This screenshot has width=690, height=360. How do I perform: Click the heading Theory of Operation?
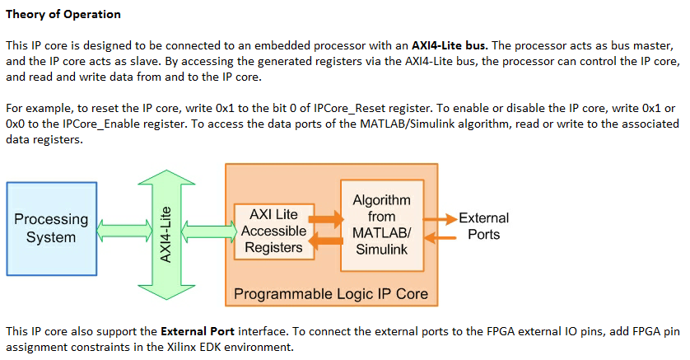coord(63,14)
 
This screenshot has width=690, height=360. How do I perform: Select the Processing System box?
coord(51,228)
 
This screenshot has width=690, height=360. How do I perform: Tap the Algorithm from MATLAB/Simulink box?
coord(381,224)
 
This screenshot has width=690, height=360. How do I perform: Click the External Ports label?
coord(483,226)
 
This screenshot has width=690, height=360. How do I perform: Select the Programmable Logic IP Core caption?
coord(331,293)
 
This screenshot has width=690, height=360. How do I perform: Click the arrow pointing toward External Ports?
coord(439,218)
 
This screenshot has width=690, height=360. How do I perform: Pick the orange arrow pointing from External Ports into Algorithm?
coord(439,238)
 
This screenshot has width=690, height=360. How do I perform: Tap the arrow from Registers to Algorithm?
coord(327,219)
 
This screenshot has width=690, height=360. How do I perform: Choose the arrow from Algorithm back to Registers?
coord(327,241)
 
